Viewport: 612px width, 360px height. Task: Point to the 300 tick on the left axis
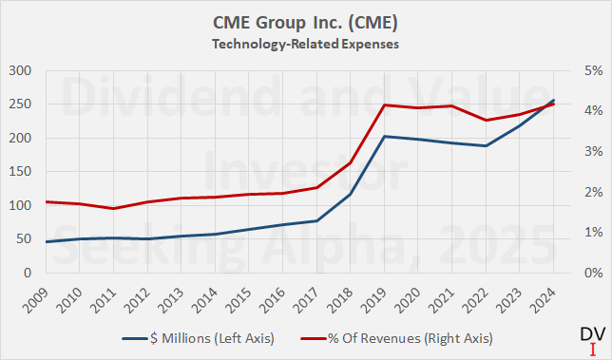(19, 71)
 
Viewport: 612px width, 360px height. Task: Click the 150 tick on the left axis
(19, 172)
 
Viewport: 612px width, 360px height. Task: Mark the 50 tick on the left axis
(22, 239)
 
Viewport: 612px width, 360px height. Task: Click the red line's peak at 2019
(384, 104)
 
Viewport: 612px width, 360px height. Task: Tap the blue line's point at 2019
(384, 136)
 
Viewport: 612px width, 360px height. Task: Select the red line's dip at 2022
(487, 121)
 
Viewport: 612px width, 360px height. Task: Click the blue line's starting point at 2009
(45, 242)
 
